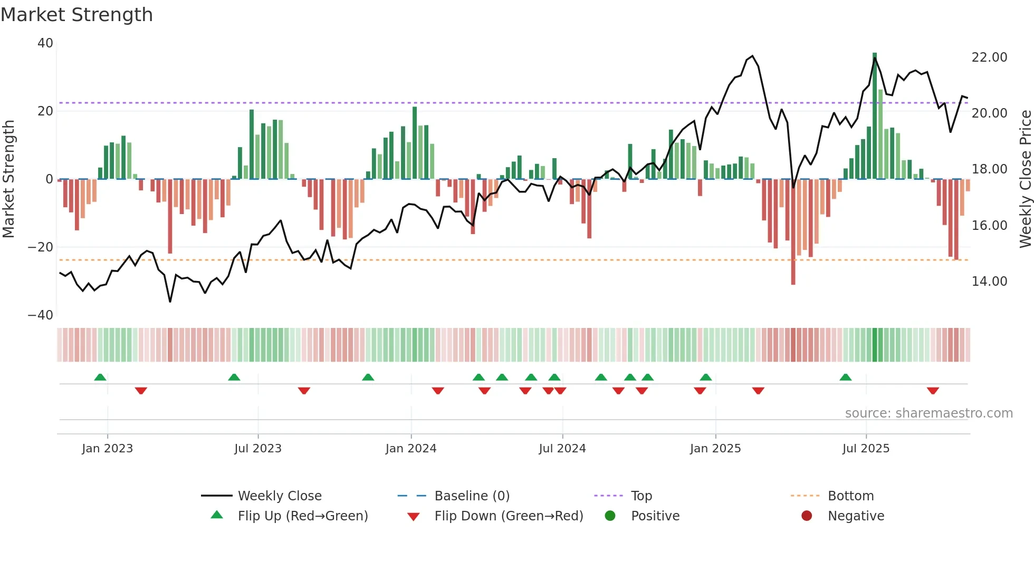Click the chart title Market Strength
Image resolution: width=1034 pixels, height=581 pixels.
coord(76,15)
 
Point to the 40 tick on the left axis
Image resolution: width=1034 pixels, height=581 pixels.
coord(45,43)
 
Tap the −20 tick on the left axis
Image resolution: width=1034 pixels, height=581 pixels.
coord(41,247)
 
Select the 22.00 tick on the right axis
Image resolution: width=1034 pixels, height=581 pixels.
coord(989,57)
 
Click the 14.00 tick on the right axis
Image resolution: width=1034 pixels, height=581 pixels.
coord(989,282)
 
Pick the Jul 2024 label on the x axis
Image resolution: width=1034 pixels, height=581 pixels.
coord(562,449)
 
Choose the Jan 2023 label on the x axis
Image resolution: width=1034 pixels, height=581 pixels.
coord(107,449)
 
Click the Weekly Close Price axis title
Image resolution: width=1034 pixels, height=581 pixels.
coord(1025,179)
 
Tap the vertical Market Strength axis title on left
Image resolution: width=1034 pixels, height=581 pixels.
coord(8,179)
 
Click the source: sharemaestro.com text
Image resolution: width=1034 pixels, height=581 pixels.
coord(928,413)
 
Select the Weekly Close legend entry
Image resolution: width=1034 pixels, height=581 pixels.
coord(279,496)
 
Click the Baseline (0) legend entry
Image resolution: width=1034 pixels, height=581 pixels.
coord(472,496)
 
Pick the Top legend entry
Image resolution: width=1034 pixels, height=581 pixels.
coord(641,496)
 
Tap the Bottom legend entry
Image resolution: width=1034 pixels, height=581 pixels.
coord(850,496)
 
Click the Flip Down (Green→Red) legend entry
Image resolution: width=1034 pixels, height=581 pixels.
coord(508,516)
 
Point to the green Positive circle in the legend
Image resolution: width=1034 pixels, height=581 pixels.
coord(610,516)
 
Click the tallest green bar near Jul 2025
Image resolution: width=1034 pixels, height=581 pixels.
coord(874,116)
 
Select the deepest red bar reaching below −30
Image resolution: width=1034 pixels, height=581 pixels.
coord(793,232)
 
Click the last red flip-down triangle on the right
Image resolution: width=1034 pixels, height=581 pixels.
coord(932,391)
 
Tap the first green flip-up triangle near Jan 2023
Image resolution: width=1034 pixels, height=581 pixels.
coord(100,377)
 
